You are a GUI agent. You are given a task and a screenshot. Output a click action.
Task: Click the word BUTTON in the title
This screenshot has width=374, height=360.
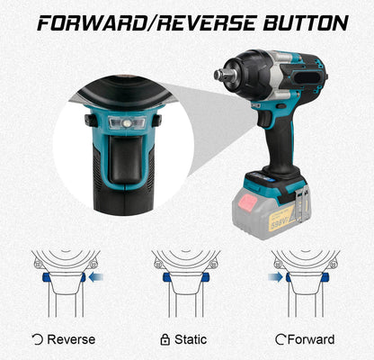[306, 23]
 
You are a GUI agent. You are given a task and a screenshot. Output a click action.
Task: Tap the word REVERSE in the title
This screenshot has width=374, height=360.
[207, 23]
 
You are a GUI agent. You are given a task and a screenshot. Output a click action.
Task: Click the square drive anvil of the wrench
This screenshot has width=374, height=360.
[220, 74]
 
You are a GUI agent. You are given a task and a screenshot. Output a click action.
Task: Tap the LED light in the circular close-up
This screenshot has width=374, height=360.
[128, 123]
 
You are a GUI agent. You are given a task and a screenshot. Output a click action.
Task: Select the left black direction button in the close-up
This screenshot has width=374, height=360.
[91, 121]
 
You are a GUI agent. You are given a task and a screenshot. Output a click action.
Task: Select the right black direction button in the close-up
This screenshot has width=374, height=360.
[157, 121]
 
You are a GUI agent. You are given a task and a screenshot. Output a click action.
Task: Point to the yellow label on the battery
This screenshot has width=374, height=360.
[281, 218]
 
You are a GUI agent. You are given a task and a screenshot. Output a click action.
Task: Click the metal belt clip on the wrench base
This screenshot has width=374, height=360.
[301, 201]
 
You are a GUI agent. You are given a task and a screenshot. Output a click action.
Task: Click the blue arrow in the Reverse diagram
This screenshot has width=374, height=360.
[96, 277]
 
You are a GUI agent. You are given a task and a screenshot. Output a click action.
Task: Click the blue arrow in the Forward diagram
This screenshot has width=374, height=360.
[275, 277]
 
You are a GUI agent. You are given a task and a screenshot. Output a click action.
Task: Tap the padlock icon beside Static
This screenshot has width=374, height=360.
[165, 339]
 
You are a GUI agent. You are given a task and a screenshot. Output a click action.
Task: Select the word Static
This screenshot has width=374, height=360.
[191, 339]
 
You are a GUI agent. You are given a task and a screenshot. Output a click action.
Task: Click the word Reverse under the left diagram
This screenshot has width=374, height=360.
[71, 339]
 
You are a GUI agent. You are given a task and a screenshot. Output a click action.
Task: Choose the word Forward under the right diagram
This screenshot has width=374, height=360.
[311, 339]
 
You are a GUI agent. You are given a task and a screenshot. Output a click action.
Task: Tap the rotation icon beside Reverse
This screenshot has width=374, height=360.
[38, 339]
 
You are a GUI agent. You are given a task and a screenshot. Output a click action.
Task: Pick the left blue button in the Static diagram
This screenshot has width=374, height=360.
[166, 277]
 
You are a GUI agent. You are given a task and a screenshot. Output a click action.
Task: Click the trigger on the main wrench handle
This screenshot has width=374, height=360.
[264, 119]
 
